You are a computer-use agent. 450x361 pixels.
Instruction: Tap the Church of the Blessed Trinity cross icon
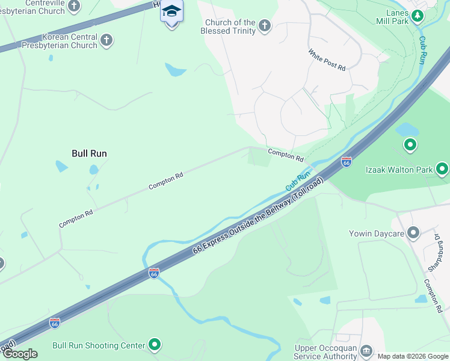[264, 25]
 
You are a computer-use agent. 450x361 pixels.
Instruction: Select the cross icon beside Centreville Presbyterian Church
[74, 6]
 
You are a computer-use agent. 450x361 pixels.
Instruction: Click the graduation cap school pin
[171, 12]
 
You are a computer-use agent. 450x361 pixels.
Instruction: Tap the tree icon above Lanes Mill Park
[417, 14]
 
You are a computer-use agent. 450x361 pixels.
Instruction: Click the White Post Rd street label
[327, 61]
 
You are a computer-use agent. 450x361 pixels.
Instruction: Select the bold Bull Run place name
[89, 153]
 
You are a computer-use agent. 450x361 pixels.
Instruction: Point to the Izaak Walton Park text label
[399, 170]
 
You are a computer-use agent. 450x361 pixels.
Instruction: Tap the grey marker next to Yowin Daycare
[413, 232]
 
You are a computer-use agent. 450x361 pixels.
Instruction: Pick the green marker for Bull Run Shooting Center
[155, 345]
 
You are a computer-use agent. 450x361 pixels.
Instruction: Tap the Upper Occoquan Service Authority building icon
[365, 351]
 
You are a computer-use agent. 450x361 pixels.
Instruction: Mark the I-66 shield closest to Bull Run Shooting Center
[54, 323]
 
